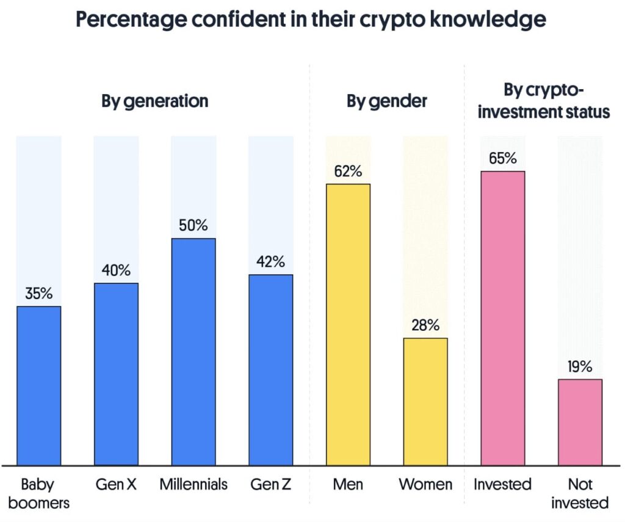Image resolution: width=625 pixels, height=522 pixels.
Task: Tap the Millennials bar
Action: (x=193, y=352)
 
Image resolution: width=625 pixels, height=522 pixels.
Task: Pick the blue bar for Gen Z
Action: (x=270, y=370)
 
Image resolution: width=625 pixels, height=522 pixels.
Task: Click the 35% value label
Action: (x=38, y=294)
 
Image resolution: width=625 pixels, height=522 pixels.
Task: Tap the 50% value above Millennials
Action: (x=193, y=225)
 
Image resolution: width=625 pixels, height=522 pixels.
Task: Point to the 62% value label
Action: (x=348, y=171)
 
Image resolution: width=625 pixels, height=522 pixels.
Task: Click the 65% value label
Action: (x=503, y=159)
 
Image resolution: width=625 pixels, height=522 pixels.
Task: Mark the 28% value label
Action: (x=425, y=325)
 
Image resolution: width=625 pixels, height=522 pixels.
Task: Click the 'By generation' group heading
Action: (x=154, y=101)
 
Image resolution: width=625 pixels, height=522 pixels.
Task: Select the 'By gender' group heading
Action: (x=387, y=101)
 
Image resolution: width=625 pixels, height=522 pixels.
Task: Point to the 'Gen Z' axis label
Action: (x=270, y=485)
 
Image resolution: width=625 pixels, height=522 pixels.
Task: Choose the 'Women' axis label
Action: (x=425, y=485)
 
